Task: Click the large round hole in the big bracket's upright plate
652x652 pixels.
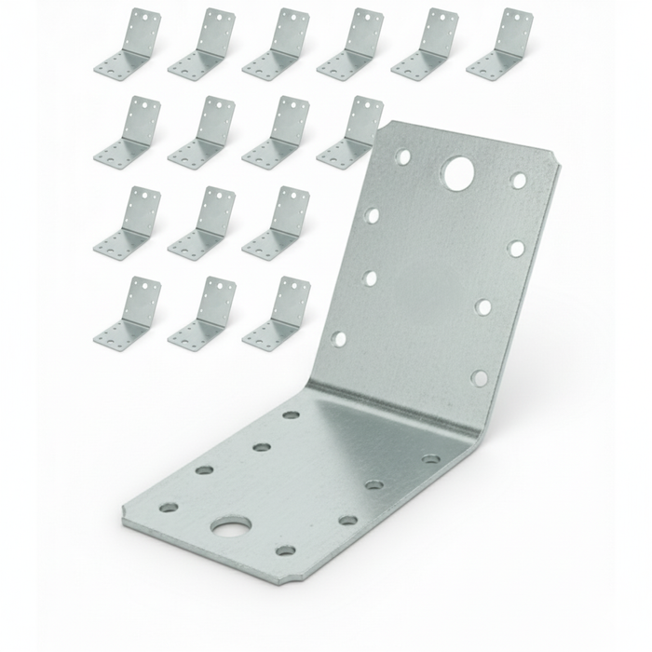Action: tap(457, 172)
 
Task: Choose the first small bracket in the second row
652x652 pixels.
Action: tap(128, 132)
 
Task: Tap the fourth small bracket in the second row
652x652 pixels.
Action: tap(351, 132)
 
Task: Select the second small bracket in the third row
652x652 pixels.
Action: tap(202, 223)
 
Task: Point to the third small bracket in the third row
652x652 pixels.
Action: tap(277, 223)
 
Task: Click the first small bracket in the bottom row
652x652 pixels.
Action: tap(128, 313)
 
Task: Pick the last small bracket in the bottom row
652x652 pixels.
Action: tap(277, 313)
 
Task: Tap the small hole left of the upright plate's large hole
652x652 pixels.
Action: tap(403, 157)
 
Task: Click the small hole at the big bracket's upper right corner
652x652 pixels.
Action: tap(519, 181)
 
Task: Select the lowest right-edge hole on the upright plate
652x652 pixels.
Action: tap(479, 377)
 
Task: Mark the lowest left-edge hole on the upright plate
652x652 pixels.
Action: tap(340, 338)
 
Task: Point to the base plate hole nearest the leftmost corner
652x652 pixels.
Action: tap(169, 508)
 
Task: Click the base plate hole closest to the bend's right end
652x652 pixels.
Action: tap(430, 458)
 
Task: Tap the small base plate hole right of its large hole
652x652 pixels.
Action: tap(286, 550)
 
